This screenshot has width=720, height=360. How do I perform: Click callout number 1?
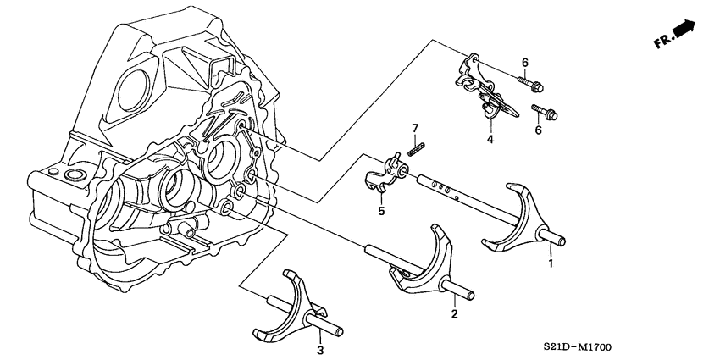coord(551,263)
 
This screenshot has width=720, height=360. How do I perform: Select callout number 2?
coord(455,315)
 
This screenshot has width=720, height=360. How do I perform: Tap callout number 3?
coord(320,349)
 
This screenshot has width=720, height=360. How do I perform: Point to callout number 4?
coord(490,139)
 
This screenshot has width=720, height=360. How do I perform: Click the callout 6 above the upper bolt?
coord(524,62)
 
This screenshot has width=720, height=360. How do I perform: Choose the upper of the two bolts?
coord(530,83)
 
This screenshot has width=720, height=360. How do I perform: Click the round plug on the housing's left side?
coord(71,175)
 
